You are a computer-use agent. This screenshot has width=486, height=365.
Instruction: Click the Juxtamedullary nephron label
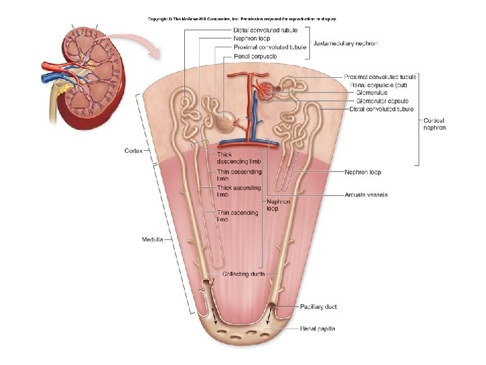point(346,43)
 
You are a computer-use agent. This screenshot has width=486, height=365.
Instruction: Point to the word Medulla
point(152,239)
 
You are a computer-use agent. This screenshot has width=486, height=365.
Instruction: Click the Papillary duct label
point(319,307)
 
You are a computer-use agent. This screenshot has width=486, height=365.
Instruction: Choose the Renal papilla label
point(317,329)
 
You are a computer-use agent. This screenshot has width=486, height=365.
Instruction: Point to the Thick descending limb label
point(238,158)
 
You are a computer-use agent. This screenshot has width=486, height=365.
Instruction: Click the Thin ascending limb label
point(237,216)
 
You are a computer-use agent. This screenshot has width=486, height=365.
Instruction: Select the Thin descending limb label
point(239,175)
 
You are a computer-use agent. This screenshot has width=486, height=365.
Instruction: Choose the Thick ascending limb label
point(238,191)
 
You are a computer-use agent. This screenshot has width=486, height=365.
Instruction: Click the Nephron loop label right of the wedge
point(362,172)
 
